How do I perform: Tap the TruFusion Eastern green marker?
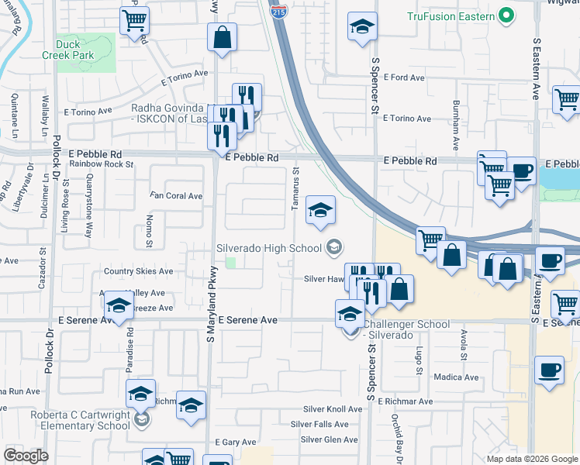(507, 15)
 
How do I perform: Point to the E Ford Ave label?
(406, 77)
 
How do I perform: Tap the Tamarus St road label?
(295, 189)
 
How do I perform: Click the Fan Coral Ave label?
(176, 196)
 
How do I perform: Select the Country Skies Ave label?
(138, 271)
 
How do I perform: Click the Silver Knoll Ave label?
(333, 408)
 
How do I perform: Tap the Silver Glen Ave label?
(330, 439)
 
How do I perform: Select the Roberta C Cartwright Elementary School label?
(81, 420)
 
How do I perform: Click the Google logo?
(26, 456)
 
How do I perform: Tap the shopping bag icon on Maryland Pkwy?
(222, 36)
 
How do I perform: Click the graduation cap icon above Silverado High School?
(319, 209)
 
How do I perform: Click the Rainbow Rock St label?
(102, 164)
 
